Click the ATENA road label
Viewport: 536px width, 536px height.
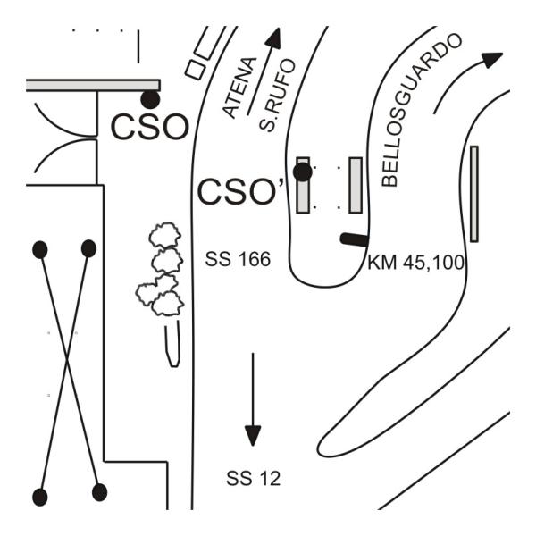tap(239, 88)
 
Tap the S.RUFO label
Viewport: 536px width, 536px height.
tap(277, 95)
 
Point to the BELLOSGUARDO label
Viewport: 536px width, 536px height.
tap(422, 109)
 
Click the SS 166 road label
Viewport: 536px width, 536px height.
tap(238, 259)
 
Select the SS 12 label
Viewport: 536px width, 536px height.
tap(254, 478)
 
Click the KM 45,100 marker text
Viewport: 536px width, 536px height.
tap(415, 263)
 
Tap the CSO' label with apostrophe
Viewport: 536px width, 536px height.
tap(241, 192)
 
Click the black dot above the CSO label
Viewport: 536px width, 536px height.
tap(150, 100)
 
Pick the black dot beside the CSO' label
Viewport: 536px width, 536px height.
tap(303, 172)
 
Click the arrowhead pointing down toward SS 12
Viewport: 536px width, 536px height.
tap(253, 435)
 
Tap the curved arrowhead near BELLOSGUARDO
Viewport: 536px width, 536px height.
tap(492, 60)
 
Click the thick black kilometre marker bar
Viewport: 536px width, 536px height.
tap(355, 239)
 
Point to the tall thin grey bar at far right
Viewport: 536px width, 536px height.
tap(474, 194)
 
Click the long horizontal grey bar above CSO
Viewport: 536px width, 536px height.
tap(93, 85)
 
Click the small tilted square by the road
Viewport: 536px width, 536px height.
tap(196, 70)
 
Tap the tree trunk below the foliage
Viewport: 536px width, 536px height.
tap(172, 344)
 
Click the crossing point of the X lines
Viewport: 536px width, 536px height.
tap(67, 358)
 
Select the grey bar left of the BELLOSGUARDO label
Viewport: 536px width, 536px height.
tap(356, 185)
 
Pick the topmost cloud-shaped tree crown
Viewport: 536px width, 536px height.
tap(165, 234)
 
